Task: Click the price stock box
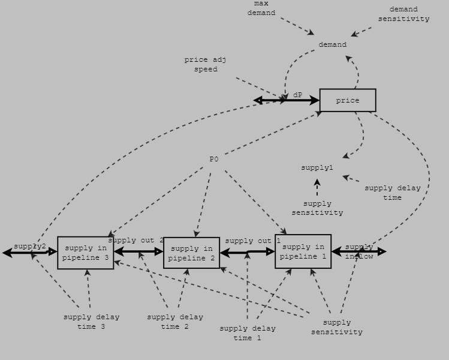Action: click(348, 100)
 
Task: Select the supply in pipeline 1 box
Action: click(303, 251)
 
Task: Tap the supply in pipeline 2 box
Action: click(192, 253)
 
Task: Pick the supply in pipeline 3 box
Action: click(86, 253)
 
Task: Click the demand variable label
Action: click(332, 44)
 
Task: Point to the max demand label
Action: click(261, 8)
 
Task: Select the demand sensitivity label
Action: click(403, 14)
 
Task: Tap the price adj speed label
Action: click(205, 64)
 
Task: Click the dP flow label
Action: click(298, 95)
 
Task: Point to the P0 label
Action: click(214, 159)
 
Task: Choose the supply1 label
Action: click(317, 168)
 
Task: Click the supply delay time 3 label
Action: click(91, 322)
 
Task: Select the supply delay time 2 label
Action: click(175, 322)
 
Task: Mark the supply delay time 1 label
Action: click(247, 333)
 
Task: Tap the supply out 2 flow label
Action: click(135, 241)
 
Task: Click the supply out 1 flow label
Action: click(252, 241)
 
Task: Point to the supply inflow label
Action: click(359, 251)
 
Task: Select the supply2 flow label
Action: click(30, 247)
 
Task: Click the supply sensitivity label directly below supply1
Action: click(317, 208)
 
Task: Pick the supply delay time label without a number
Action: click(392, 193)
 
